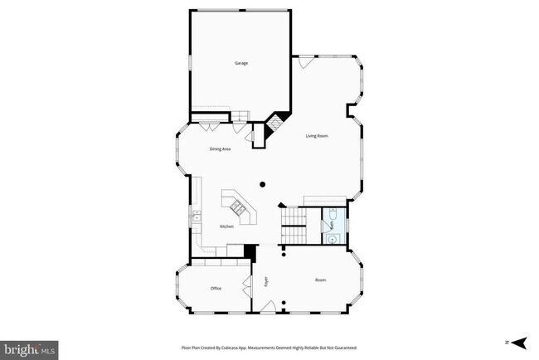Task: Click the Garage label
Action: tap(240, 63)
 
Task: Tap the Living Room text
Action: tap(318, 136)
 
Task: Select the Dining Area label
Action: tap(219, 148)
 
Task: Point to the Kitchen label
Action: tap(226, 226)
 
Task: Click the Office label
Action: tap(216, 288)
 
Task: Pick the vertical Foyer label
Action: tap(267, 280)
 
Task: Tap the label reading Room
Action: tap(320, 280)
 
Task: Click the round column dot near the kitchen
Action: tap(262, 184)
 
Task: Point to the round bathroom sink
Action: tap(332, 237)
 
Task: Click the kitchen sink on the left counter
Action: tap(197, 219)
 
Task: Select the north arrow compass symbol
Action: tap(518, 342)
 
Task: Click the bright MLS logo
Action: tap(30, 348)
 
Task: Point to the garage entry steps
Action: tap(239, 116)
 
